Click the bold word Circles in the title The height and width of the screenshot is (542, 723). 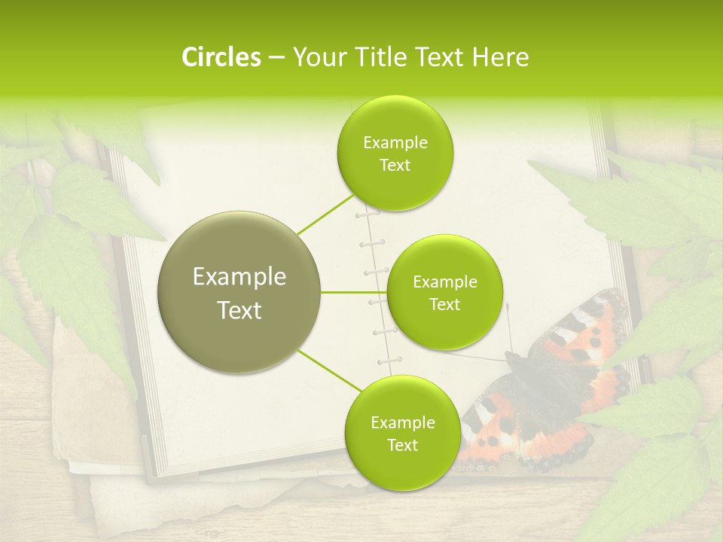pos(221,57)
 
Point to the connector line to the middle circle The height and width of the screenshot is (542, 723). pos(354,291)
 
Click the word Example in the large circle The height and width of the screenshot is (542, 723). pos(239,277)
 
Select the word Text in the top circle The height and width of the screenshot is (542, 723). pos(395,166)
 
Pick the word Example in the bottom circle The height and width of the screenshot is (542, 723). pos(402,422)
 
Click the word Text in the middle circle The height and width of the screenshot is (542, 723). pos(445,305)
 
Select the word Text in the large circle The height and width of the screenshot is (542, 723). pos(239,310)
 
